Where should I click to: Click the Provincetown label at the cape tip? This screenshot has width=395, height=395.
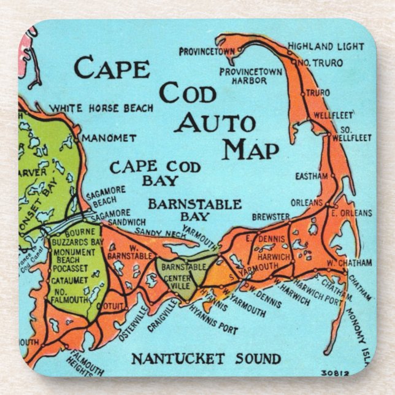pos(207,52)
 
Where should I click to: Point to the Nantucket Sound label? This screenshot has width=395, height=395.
pos(205,358)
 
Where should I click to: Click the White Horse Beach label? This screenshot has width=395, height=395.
pos(101,108)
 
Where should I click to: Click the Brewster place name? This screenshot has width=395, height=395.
pos(270,217)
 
